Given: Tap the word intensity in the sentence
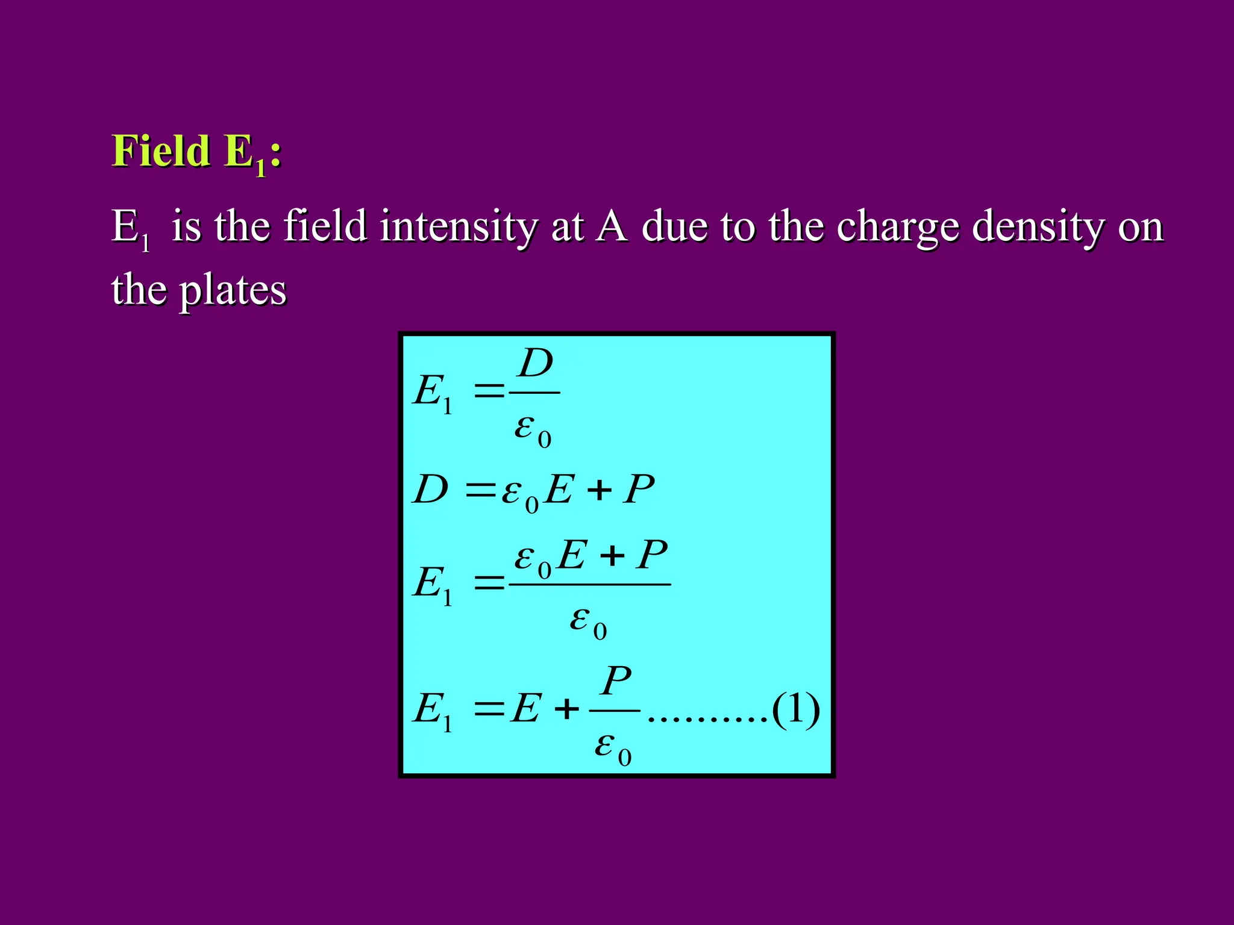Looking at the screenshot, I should point(459,227).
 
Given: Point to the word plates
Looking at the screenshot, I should point(233,291).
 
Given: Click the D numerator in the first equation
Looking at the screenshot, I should point(536,364).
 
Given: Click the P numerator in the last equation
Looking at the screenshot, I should point(616,681).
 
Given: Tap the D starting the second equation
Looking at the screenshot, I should point(430,489).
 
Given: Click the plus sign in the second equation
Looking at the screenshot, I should point(599,490).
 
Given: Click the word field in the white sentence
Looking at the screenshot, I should point(325,227).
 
